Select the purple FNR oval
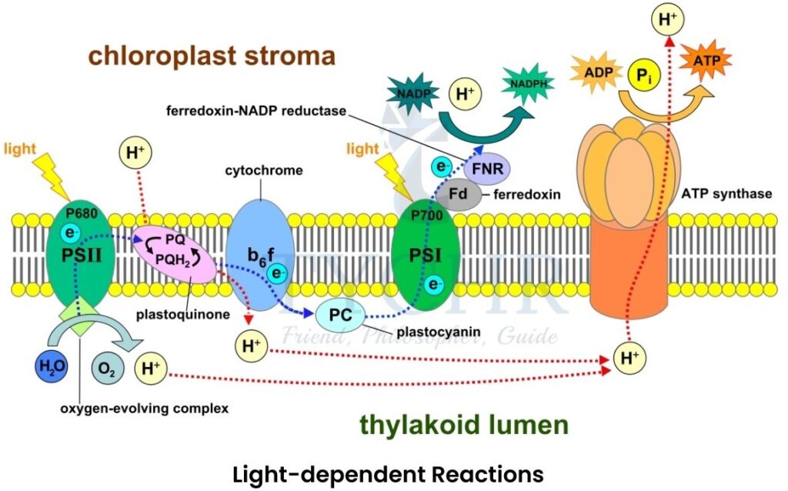point(486,166)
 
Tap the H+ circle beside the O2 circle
point(149,369)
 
